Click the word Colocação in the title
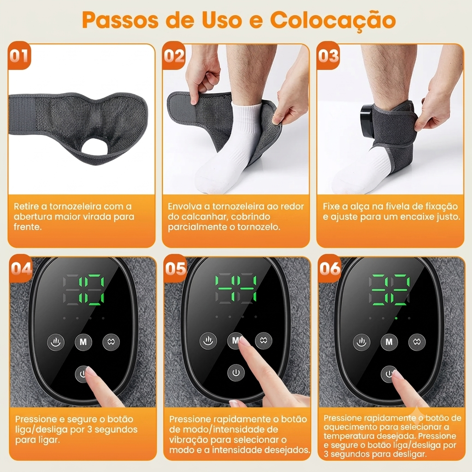click(x=333, y=20)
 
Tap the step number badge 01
click(x=20, y=56)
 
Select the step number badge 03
click(x=328, y=56)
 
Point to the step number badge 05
click(x=176, y=268)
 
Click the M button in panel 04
click(x=83, y=342)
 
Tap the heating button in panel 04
click(x=56, y=342)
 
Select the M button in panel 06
click(x=389, y=342)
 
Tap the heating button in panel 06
click(x=361, y=342)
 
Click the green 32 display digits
click(x=389, y=289)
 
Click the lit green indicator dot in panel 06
click(x=396, y=318)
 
